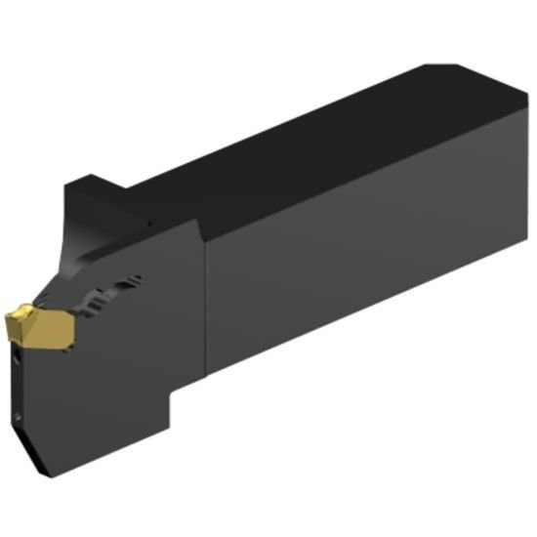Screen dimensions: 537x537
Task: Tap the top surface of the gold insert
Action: (x=34, y=314)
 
